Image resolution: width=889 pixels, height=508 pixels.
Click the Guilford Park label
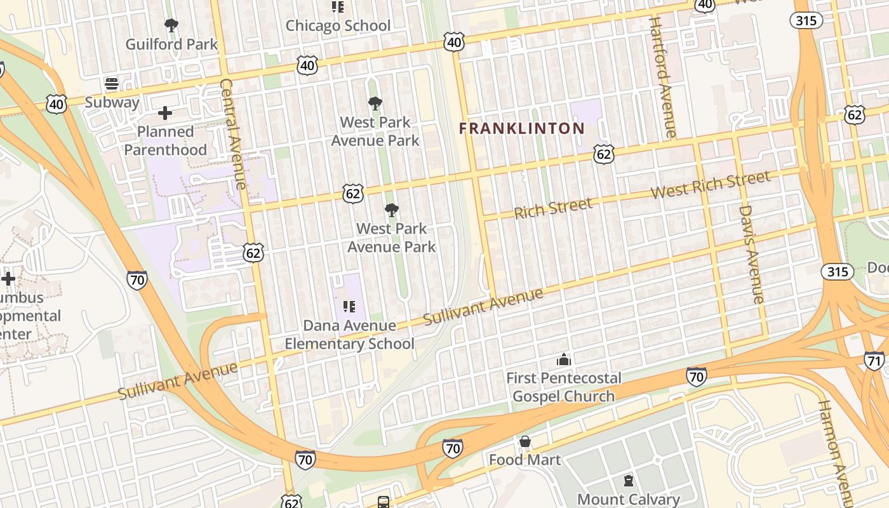click(171, 44)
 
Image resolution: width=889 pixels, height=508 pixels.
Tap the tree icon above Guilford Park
click(171, 25)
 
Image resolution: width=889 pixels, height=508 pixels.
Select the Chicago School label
click(338, 26)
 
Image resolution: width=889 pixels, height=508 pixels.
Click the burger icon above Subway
click(112, 84)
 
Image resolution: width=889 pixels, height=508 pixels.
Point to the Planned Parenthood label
click(165, 141)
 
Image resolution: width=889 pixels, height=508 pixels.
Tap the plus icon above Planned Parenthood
click(165, 114)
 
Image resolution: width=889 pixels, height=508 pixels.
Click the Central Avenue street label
click(232, 134)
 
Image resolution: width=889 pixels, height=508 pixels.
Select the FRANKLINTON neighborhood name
click(521, 128)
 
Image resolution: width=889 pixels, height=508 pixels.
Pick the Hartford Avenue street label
click(662, 77)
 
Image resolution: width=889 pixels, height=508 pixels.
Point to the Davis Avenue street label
click(750, 254)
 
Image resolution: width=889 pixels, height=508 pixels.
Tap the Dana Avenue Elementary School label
click(349, 335)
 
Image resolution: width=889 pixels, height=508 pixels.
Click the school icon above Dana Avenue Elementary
click(349, 307)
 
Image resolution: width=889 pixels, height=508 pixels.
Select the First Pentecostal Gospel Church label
click(563, 387)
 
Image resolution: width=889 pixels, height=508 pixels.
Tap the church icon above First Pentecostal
click(563, 360)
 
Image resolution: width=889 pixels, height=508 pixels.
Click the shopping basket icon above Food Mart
click(525, 441)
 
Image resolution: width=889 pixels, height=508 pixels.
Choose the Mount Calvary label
click(628, 500)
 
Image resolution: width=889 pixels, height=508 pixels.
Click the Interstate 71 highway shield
click(874, 361)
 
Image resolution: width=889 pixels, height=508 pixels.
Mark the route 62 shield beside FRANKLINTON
click(604, 154)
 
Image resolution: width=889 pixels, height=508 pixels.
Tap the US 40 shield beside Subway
click(57, 104)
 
